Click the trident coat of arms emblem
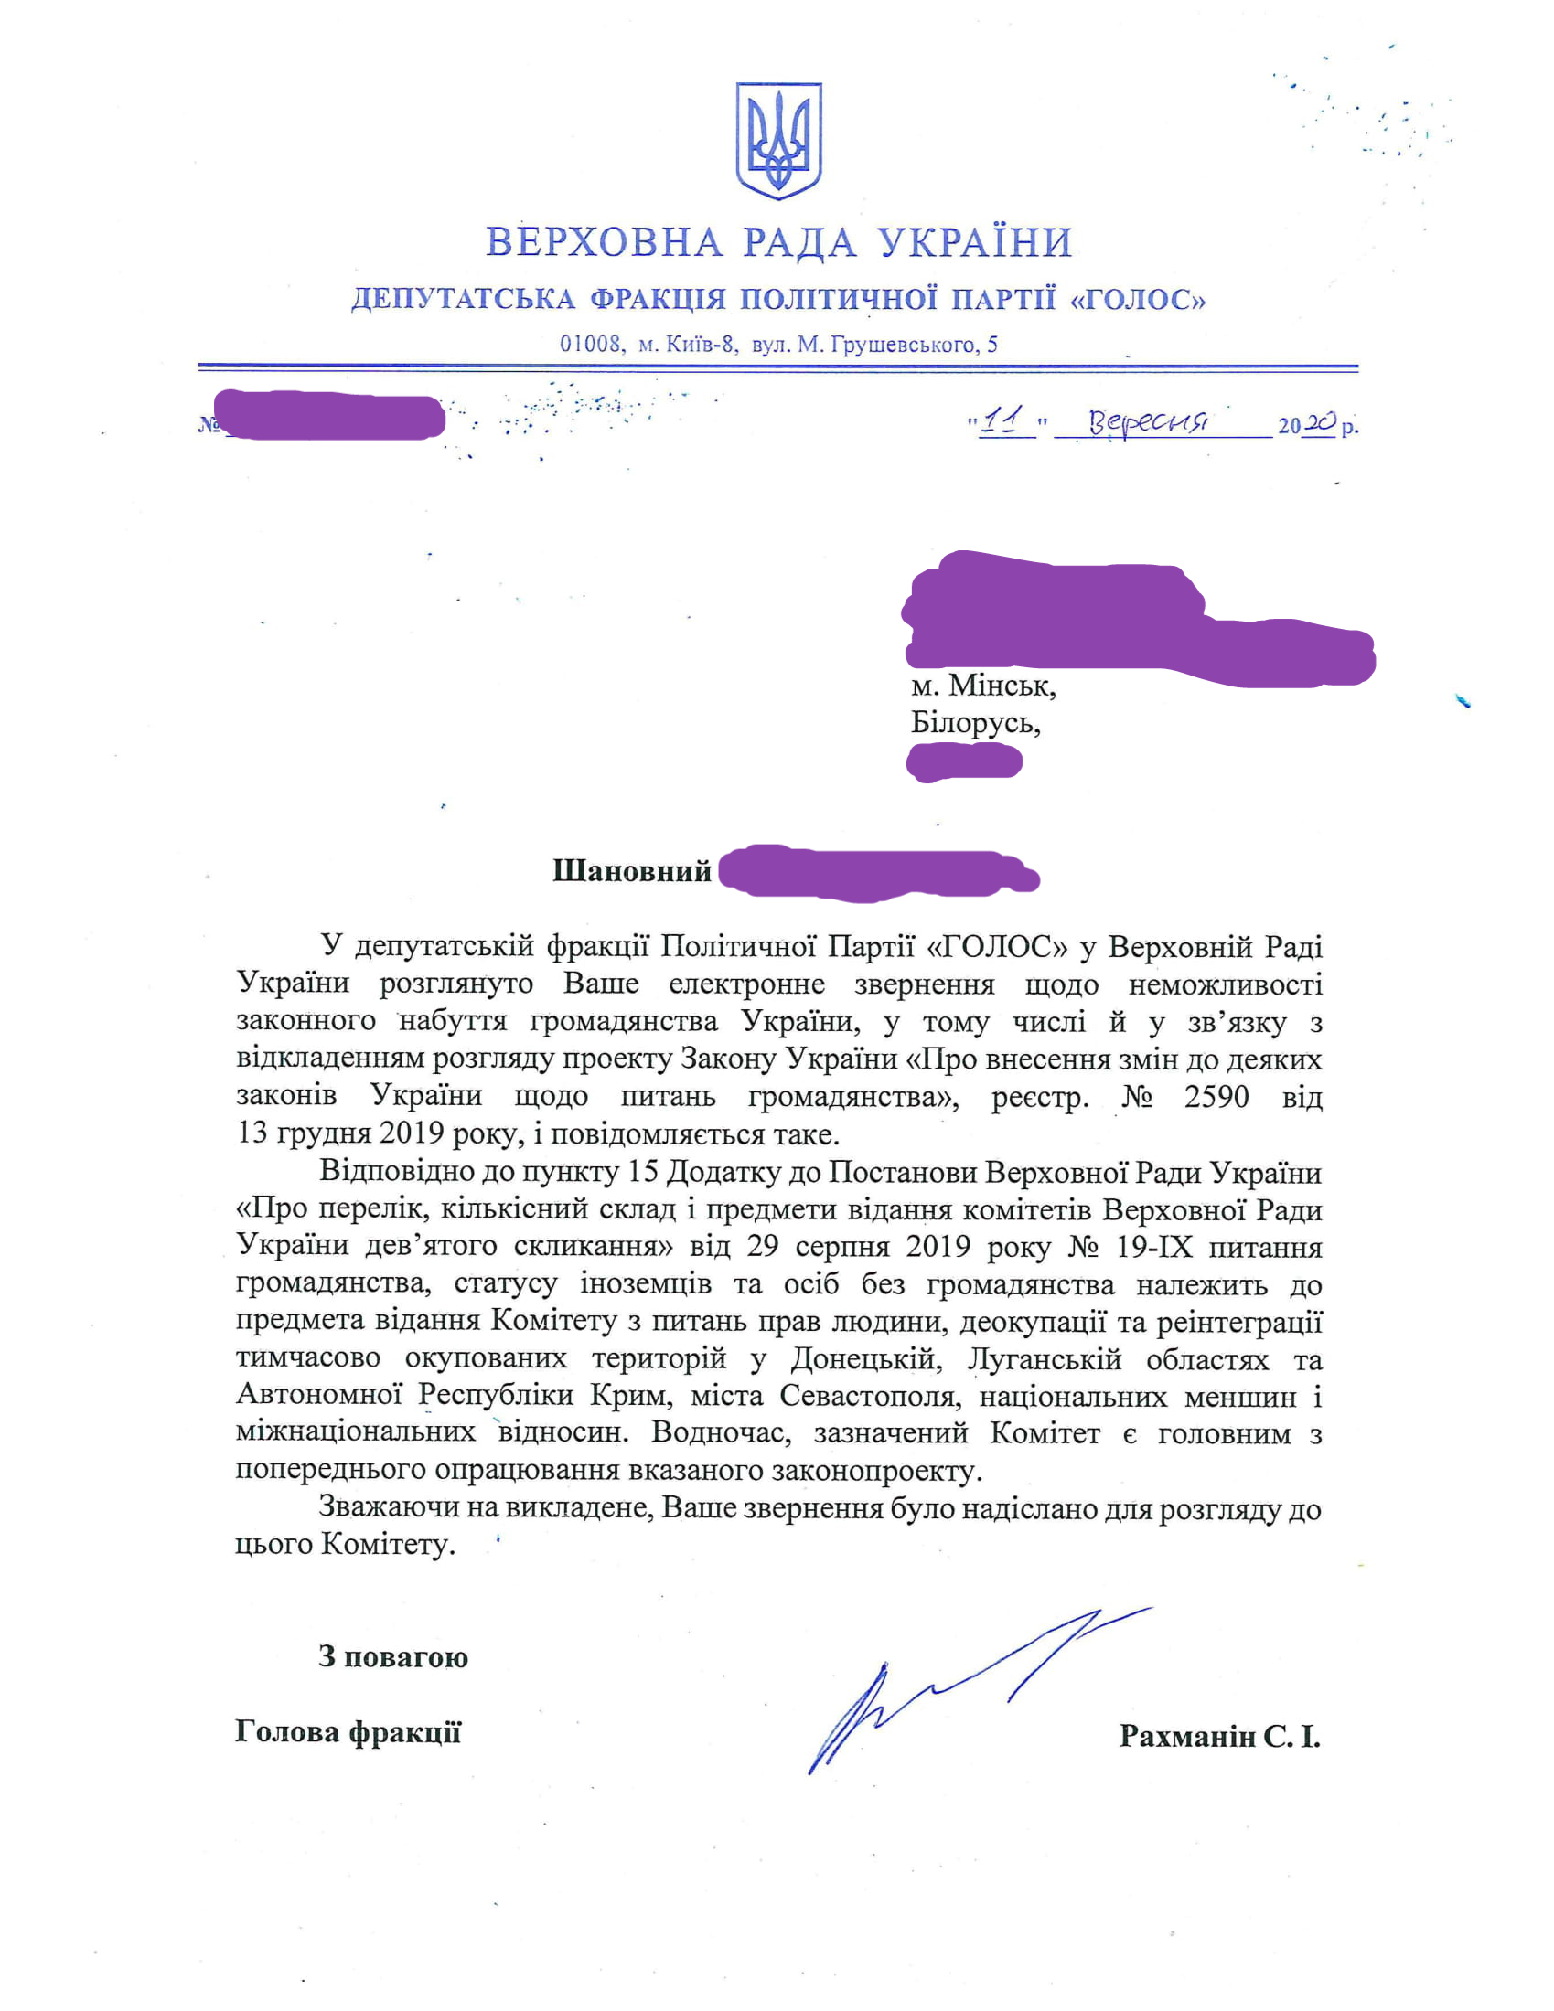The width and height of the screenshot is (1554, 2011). (778, 140)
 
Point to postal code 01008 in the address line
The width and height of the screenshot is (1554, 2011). (591, 345)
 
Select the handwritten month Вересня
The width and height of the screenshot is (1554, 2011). (1148, 421)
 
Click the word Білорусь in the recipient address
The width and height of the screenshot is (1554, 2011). (975, 723)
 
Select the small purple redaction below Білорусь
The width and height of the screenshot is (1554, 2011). (964, 762)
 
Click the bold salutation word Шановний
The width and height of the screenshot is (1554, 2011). (632, 871)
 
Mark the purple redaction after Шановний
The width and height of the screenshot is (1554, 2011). (876, 871)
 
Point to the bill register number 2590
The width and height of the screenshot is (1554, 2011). (1216, 1097)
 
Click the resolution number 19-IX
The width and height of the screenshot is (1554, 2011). (1153, 1247)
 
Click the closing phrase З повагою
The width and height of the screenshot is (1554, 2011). (393, 1657)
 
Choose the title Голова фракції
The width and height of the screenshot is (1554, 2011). (348, 1732)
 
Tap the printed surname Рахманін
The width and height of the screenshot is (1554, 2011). (1186, 1737)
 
